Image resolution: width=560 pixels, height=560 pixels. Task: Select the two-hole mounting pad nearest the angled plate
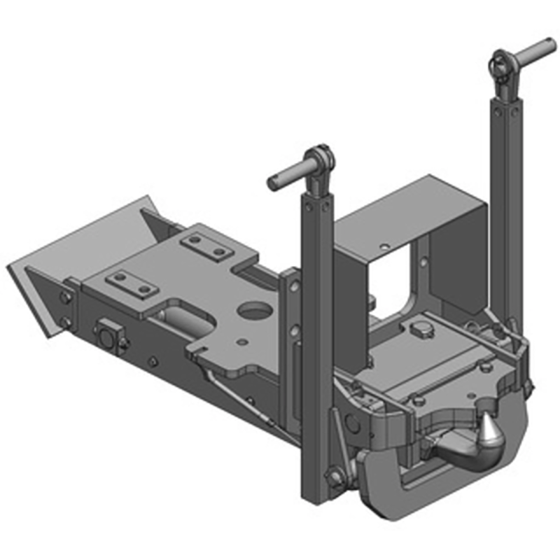tap(130, 283)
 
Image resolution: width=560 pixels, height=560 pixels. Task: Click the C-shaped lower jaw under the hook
tap(392, 490)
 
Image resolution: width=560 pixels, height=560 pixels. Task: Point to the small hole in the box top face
tap(384, 246)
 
